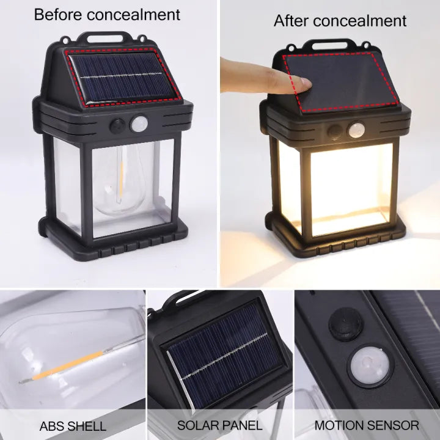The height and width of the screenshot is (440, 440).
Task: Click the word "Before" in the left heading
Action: point(59,15)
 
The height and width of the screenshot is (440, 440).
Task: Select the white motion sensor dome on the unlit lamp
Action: point(139,123)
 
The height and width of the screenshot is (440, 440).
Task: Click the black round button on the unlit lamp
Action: point(117,127)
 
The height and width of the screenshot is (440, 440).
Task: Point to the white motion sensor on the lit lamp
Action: point(356,130)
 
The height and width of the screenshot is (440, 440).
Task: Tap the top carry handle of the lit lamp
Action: point(329,45)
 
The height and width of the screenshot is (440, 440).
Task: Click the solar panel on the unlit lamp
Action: point(123,76)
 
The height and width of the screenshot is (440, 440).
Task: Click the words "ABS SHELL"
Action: point(73,427)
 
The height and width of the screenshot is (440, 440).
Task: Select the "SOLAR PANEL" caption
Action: point(220,425)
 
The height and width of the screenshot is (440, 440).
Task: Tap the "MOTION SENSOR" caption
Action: point(367,425)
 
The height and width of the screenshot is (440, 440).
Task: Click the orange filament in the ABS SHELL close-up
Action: point(68,365)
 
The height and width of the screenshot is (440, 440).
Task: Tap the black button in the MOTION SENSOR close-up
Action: point(345,324)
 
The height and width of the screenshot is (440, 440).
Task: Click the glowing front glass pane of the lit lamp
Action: point(351,189)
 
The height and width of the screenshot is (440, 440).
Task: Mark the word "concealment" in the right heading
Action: point(360,21)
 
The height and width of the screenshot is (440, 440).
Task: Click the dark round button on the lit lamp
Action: point(335,131)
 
